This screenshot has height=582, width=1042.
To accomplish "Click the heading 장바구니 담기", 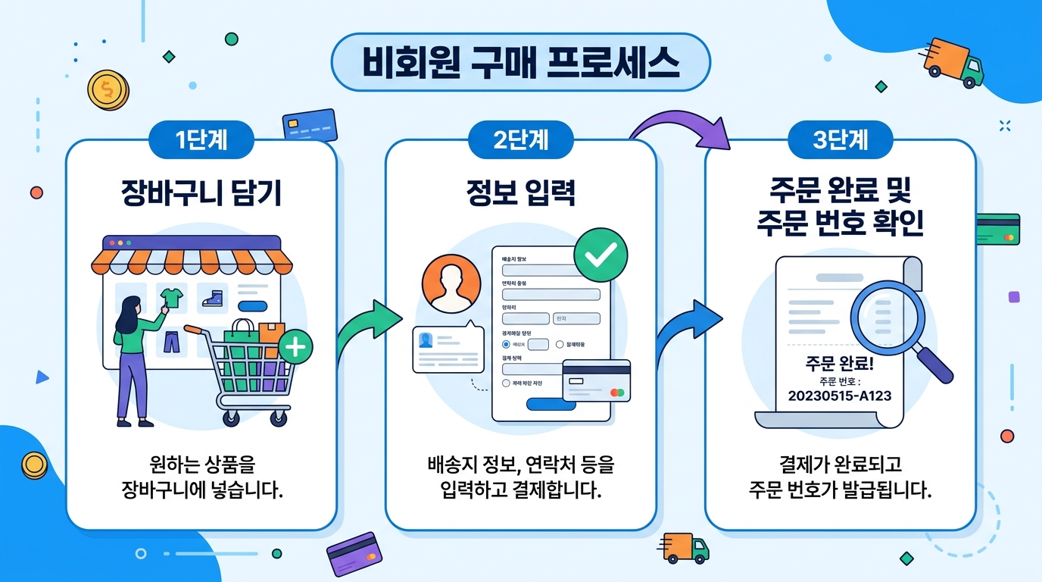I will (x=201, y=193).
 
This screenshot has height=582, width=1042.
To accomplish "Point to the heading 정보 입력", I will (x=520, y=193).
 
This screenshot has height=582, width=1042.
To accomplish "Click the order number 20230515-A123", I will (x=840, y=396).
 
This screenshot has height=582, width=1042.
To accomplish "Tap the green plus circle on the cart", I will (x=295, y=348).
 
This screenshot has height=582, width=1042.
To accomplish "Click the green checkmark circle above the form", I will (x=601, y=256).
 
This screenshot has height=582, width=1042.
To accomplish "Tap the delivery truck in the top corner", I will (x=955, y=62).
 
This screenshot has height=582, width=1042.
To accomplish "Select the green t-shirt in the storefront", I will (x=171, y=297).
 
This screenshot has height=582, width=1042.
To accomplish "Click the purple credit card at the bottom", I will (x=352, y=554).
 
